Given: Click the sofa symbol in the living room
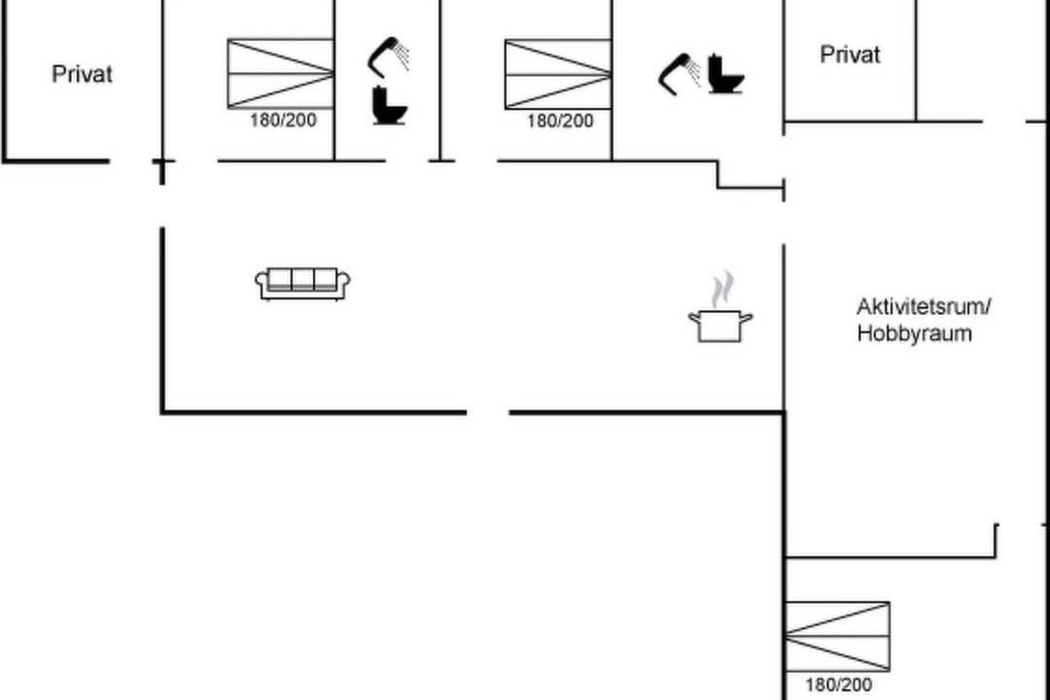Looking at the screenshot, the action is tap(302, 284).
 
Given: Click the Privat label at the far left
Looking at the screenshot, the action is tap(82, 74).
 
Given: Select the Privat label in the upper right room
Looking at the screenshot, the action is tap(850, 54).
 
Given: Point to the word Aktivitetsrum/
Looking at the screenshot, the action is tap(924, 307).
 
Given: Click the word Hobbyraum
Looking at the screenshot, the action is tap(914, 333).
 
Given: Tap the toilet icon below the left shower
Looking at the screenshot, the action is tap(389, 105).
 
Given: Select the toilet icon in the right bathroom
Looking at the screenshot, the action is tap(726, 74).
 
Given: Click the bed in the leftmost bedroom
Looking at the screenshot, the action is tap(281, 74).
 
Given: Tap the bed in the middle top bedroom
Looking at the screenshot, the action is tap(558, 74).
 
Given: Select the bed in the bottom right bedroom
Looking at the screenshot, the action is tap(837, 637).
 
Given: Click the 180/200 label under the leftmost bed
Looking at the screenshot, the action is tap(283, 121).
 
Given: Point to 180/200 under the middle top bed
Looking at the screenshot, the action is tap(561, 122).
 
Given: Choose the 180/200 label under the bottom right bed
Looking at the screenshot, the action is tap(838, 684).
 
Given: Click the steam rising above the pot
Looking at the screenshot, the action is tap(721, 289).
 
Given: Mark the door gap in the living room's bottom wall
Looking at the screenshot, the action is tap(487, 412).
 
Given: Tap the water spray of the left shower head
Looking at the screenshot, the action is tap(402, 54).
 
